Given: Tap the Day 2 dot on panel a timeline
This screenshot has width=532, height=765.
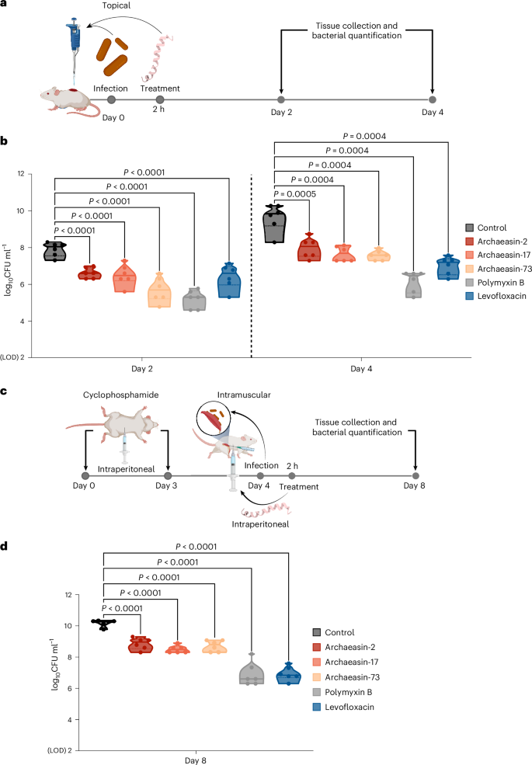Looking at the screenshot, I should pyautogui.click(x=280, y=99).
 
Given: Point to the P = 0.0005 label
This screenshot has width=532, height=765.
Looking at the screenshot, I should pyautogui.click(x=291, y=195).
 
